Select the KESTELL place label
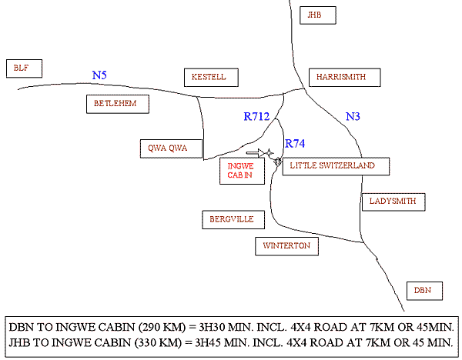click(x=210, y=77)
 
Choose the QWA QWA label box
click(x=171, y=148)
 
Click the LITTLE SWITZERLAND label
click(x=336, y=166)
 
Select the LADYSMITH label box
click(x=393, y=202)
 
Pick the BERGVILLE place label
click(x=232, y=219)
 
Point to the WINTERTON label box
click(x=286, y=245)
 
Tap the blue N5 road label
click(x=99, y=75)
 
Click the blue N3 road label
click(x=353, y=117)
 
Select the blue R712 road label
click(x=256, y=118)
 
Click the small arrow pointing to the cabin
click(x=263, y=152)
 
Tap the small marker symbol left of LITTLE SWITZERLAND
click(x=277, y=162)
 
